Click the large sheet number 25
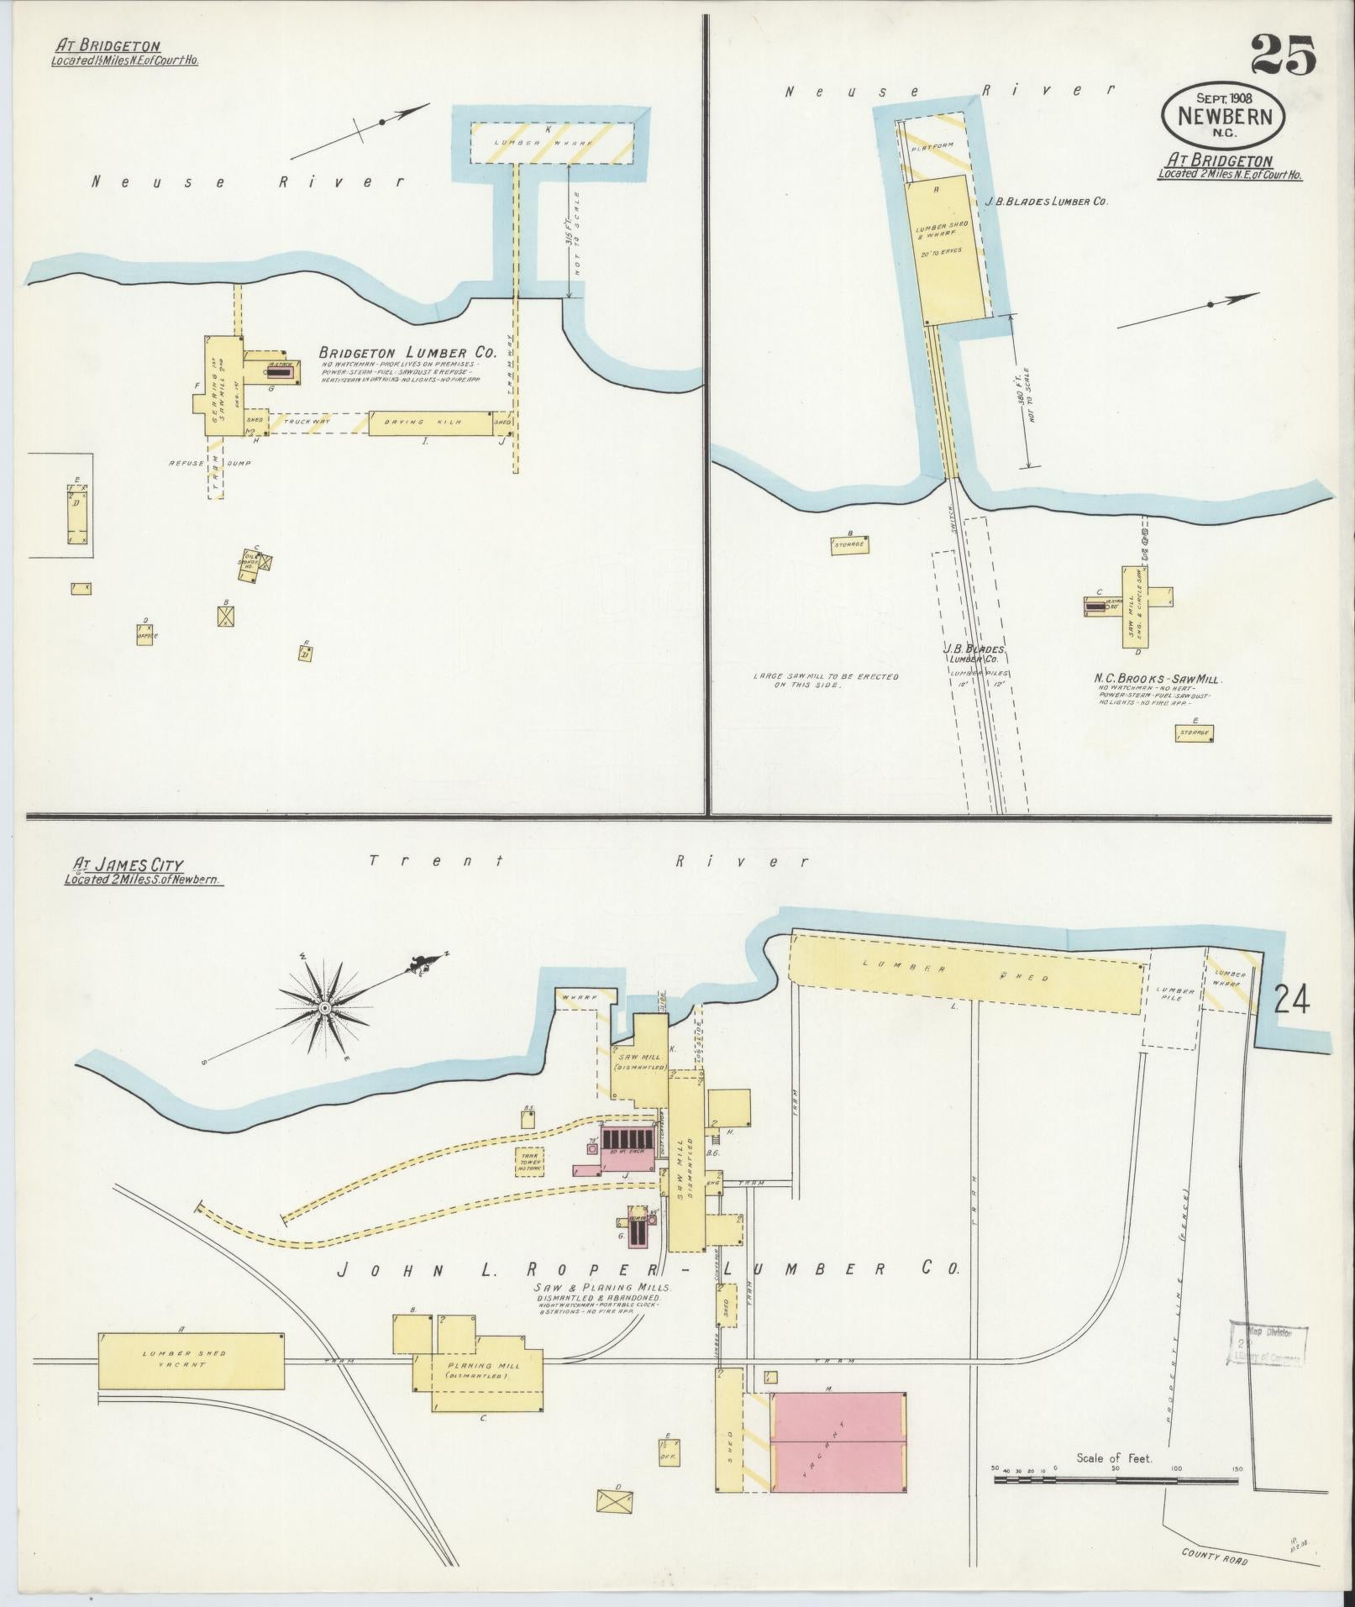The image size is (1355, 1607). click(x=1283, y=57)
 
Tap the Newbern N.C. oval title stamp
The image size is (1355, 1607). click(x=1224, y=117)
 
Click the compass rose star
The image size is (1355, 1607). click(x=324, y=1006)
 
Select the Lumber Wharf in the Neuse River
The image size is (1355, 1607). click(x=551, y=143)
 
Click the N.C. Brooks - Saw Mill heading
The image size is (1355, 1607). click(x=1158, y=678)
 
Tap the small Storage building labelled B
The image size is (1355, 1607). click(x=849, y=545)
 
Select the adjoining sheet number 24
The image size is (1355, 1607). click(x=1291, y=1001)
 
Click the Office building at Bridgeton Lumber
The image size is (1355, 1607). click(x=147, y=634)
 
